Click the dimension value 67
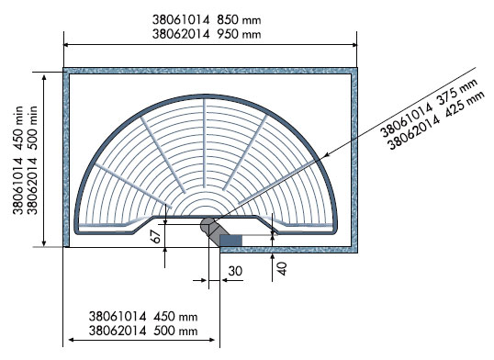(x=156, y=235)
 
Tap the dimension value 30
(x=235, y=271)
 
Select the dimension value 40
(x=282, y=268)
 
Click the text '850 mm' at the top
(x=239, y=20)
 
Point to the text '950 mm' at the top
(x=239, y=34)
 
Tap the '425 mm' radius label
(x=464, y=108)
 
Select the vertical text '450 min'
(x=17, y=124)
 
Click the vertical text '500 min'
(x=32, y=124)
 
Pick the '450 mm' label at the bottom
(x=175, y=316)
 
